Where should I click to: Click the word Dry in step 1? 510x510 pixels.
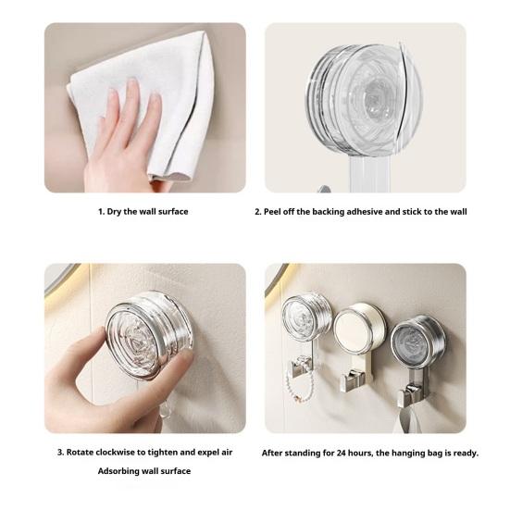point(116,212)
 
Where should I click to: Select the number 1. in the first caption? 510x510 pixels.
point(101,212)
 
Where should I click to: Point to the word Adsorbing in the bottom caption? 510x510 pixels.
point(119,471)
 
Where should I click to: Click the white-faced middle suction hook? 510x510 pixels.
point(358,330)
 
